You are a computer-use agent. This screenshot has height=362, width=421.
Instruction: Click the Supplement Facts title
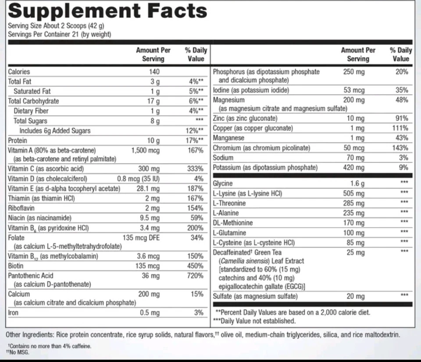(107, 11)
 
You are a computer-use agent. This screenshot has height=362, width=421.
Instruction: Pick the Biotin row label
(16, 266)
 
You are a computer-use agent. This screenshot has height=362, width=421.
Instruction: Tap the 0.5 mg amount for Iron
(151, 313)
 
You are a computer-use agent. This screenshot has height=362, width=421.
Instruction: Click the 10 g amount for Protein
(153, 141)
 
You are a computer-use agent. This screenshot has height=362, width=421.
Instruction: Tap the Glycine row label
(223, 184)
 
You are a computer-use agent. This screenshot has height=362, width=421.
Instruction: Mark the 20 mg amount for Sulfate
(355, 296)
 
